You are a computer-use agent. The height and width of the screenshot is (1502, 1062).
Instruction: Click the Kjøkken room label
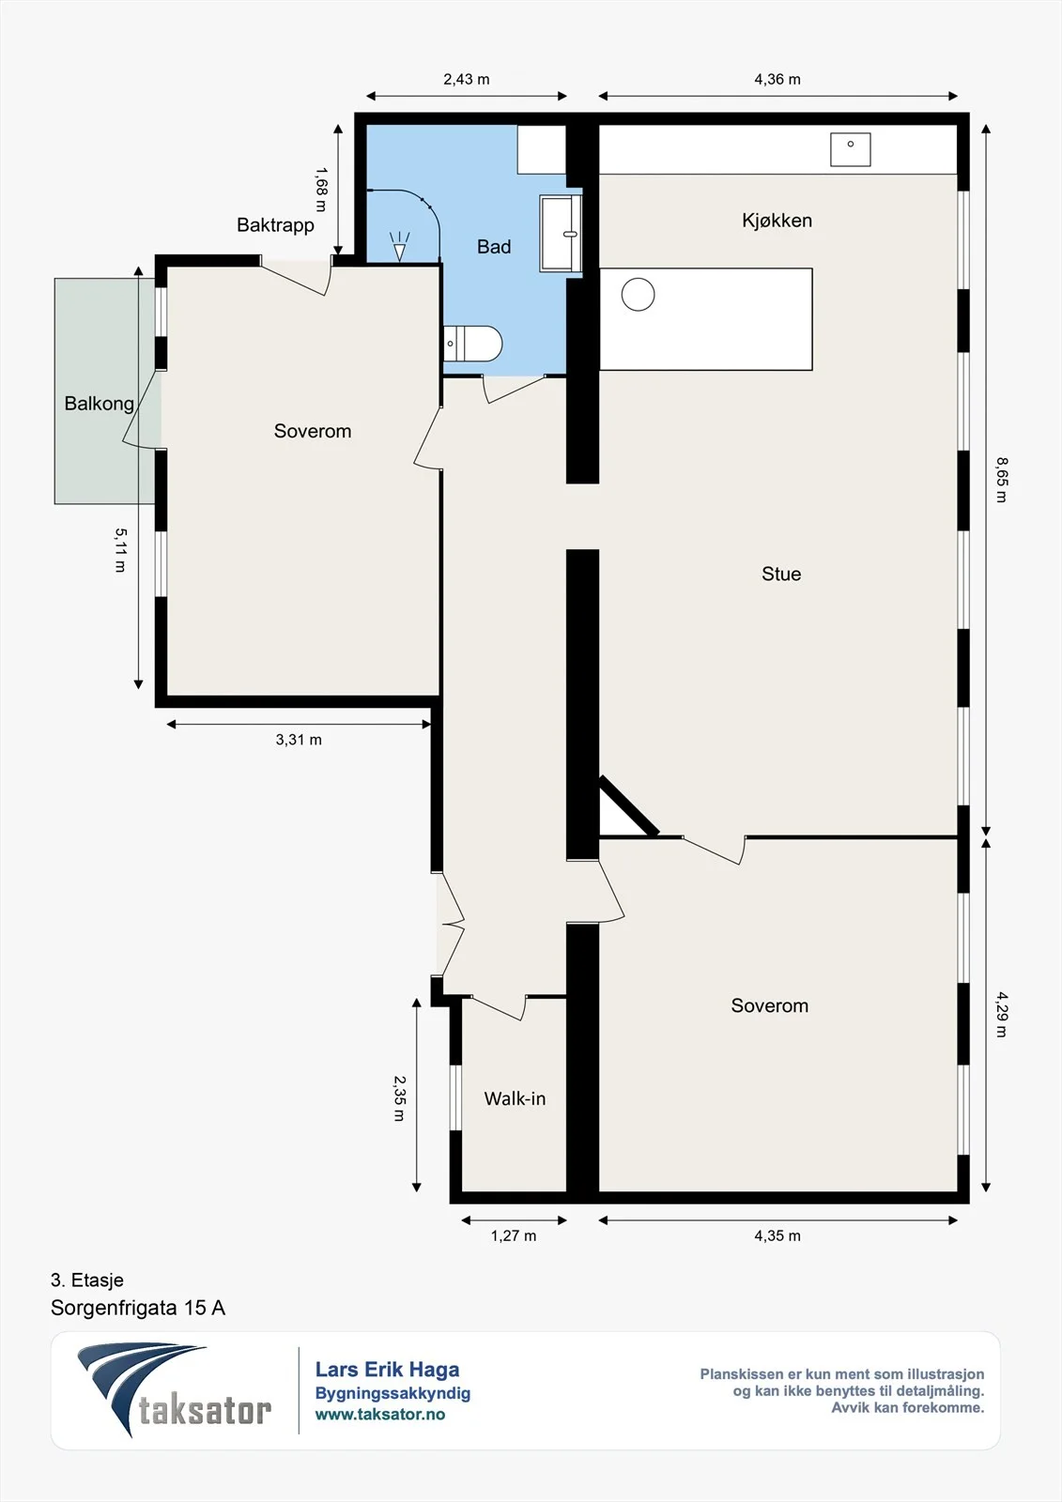click(777, 221)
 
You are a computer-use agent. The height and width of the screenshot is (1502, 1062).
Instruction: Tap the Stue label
click(781, 574)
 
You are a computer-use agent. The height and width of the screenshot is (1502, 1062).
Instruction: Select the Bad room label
click(494, 247)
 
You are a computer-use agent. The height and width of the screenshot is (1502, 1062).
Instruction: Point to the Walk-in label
click(515, 1098)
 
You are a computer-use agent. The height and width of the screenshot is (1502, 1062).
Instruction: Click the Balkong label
click(100, 404)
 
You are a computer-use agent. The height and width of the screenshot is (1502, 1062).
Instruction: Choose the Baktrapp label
click(275, 224)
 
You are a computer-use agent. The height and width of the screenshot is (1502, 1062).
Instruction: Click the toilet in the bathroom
click(473, 344)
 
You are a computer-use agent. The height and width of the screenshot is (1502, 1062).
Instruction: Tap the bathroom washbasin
click(561, 234)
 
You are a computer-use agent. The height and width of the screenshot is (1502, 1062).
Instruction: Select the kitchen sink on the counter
click(850, 149)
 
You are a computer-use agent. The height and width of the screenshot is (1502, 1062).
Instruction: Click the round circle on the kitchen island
click(638, 295)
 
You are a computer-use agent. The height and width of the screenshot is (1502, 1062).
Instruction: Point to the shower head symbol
click(400, 246)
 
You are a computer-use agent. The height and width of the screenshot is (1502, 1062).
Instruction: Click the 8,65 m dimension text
click(1001, 480)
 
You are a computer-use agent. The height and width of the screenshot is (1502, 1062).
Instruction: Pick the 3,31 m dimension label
click(299, 740)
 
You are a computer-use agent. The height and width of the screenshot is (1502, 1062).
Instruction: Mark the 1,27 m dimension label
click(514, 1235)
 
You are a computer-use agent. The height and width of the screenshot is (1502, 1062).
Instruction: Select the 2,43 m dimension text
click(467, 79)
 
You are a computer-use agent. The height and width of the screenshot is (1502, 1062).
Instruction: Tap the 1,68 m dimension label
click(321, 190)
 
